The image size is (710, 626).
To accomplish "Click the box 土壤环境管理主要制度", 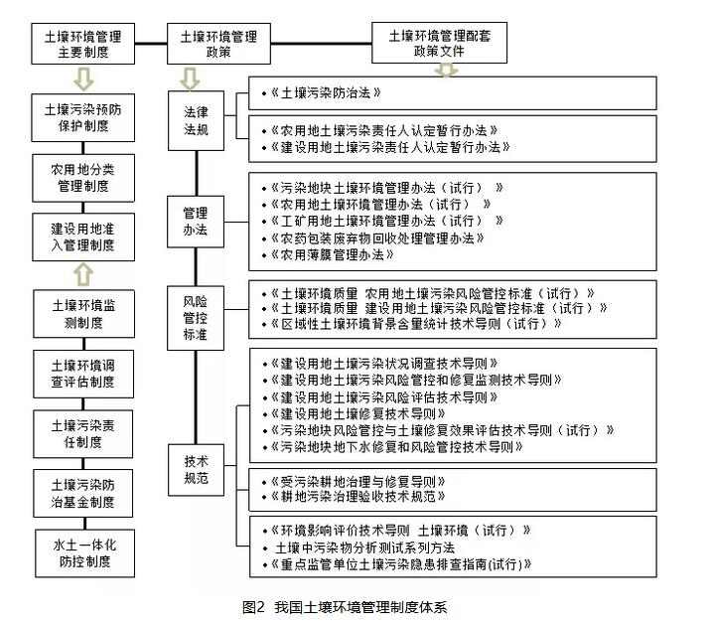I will [83, 44].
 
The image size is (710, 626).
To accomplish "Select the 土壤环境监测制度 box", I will [83, 313].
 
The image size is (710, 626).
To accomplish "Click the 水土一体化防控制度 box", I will [83, 552].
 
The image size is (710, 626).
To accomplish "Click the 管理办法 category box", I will [196, 220].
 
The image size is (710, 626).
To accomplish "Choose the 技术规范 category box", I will [196, 468].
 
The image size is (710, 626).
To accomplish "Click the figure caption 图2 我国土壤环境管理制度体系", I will [352, 605].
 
